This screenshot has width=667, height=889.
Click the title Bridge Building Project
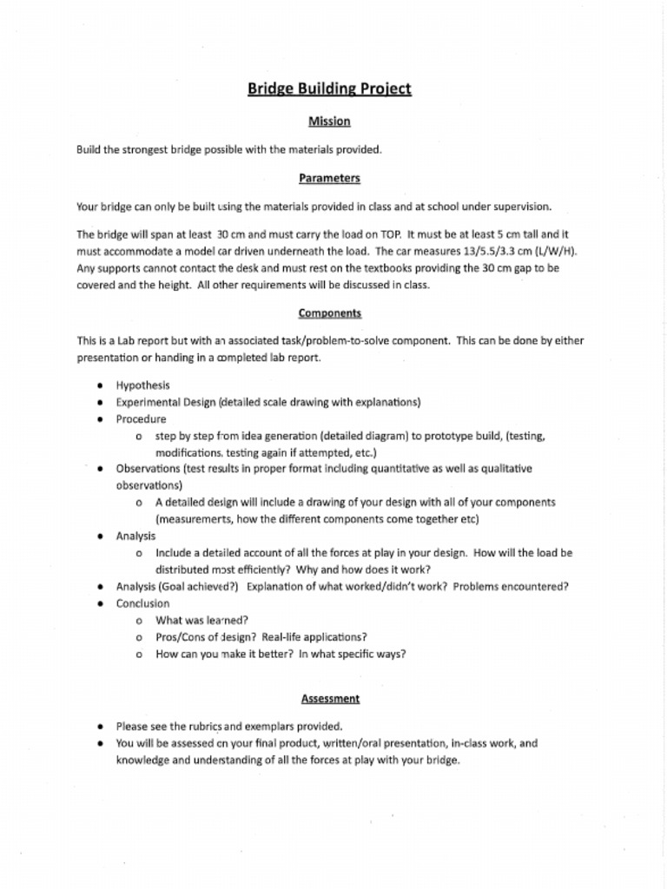click(x=329, y=89)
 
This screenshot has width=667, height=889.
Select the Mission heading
click(x=329, y=122)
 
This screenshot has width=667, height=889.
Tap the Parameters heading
click(x=329, y=178)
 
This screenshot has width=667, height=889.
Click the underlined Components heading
click(x=330, y=313)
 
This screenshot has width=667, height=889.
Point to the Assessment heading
click(x=330, y=698)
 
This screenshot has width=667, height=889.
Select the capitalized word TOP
click(x=386, y=234)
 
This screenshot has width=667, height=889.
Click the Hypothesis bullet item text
click(x=143, y=385)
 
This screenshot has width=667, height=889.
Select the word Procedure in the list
click(x=142, y=418)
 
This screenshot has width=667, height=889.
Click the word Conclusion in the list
click(x=143, y=603)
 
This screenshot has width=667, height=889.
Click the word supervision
click(x=522, y=207)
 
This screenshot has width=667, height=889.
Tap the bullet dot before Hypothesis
click(x=102, y=385)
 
